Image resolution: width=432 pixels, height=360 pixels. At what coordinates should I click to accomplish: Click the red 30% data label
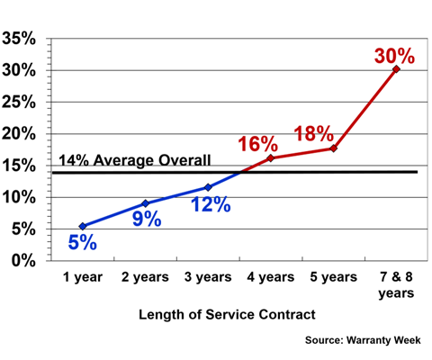coord(394,56)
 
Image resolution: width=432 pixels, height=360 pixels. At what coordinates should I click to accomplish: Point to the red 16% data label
coord(257,144)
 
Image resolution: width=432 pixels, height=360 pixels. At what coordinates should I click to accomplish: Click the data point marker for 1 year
coord(83,226)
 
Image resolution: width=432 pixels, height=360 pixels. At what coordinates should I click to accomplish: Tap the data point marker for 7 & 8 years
coord(396,68)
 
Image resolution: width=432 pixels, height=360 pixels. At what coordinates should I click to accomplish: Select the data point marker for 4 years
coord(271,158)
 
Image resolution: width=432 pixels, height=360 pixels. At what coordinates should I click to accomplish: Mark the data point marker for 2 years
coord(145,203)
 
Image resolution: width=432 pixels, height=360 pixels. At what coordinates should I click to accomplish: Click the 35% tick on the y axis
coord(19,40)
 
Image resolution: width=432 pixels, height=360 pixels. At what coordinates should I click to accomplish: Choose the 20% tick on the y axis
coord(19,134)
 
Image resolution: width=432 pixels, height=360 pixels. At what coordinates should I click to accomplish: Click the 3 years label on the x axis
coord(208,279)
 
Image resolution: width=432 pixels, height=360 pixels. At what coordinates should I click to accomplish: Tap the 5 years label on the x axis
coord(333,279)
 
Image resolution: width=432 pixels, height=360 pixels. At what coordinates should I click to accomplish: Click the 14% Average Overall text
coord(135,161)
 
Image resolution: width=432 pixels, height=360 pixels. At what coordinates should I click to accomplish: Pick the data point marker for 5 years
coord(334,148)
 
